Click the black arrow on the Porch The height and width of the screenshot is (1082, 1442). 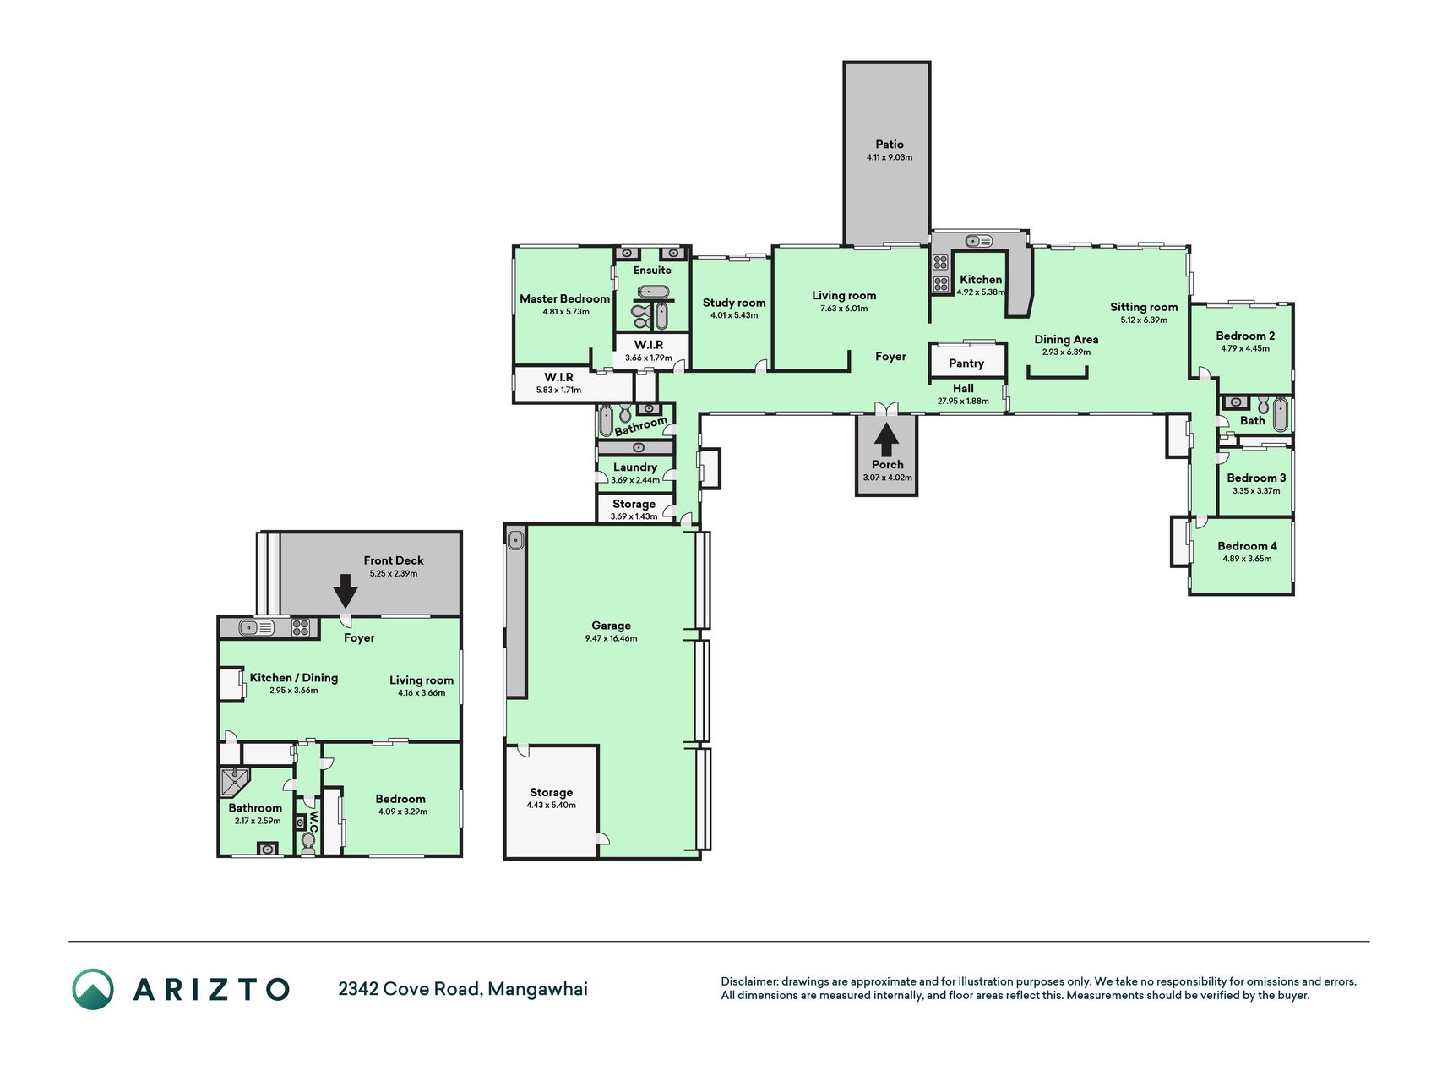(886, 440)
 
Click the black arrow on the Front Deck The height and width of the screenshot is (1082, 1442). (345, 590)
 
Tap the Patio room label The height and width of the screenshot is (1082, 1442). (890, 145)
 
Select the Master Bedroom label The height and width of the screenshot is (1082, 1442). (564, 298)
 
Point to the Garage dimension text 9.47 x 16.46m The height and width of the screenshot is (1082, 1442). (611, 638)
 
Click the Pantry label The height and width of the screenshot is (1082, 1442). (966, 363)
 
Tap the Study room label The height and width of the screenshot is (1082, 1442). (734, 303)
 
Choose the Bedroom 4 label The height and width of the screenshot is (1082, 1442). (1247, 546)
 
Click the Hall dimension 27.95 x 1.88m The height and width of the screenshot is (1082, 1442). (963, 401)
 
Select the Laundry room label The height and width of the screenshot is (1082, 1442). (635, 467)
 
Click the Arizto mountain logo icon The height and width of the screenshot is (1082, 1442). (93, 989)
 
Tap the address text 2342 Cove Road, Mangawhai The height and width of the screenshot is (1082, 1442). (463, 989)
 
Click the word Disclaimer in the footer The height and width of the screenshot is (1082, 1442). (748, 981)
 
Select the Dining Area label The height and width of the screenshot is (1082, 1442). (1066, 340)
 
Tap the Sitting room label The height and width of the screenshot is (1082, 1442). (1144, 307)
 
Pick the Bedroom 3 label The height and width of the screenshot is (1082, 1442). (1256, 478)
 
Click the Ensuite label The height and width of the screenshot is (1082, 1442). (652, 270)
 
